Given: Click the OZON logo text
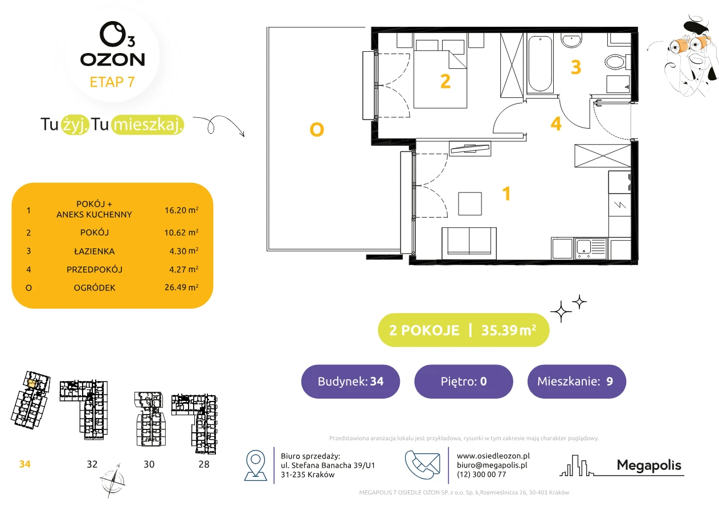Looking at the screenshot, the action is pyautogui.click(x=112, y=60).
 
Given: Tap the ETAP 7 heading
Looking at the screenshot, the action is pyautogui.click(x=112, y=82).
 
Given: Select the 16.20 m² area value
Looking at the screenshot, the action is pyautogui.click(x=181, y=210).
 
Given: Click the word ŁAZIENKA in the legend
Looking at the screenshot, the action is pyautogui.click(x=95, y=251).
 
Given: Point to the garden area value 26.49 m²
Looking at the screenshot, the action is pyautogui.click(x=181, y=287).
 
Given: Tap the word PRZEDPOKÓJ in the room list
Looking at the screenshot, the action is pyautogui.click(x=95, y=269).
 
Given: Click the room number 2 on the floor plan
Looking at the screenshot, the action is pyautogui.click(x=445, y=81).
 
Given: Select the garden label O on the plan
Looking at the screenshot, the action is pyautogui.click(x=317, y=130).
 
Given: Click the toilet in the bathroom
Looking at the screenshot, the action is pyautogui.click(x=617, y=62).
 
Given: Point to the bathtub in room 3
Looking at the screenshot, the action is pyautogui.click(x=540, y=64).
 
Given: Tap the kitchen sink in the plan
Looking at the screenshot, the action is pyautogui.click(x=591, y=248).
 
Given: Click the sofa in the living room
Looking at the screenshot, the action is pyautogui.click(x=469, y=243).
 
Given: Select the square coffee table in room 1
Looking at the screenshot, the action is pyautogui.click(x=470, y=204).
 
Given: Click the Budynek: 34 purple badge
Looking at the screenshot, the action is pyautogui.click(x=350, y=381).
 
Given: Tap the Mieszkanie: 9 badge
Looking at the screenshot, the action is pyautogui.click(x=577, y=381).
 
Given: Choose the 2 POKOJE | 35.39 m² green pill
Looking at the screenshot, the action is pyautogui.click(x=463, y=330).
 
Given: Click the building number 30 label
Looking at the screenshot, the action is pyautogui.click(x=149, y=464).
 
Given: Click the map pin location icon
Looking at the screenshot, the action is pyautogui.click(x=255, y=465).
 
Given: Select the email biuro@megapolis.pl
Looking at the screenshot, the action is pyautogui.click(x=492, y=465).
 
